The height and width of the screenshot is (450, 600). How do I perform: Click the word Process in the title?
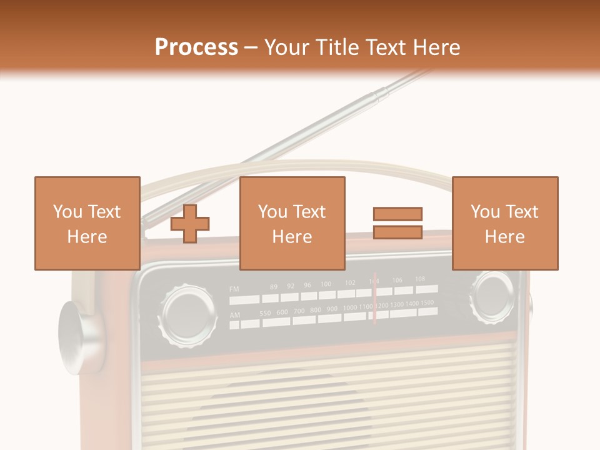point(196,47)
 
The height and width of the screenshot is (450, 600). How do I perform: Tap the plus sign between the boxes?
point(190,224)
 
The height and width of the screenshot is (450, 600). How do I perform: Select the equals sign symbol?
point(397,223)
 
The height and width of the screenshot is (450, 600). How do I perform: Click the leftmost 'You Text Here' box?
point(87,223)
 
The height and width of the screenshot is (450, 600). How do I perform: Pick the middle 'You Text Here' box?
point(292,223)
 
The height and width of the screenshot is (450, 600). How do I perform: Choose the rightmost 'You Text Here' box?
point(504,223)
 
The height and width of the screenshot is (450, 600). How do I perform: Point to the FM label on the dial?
point(234,289)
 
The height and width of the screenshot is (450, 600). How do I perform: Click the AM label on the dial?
point(234,315)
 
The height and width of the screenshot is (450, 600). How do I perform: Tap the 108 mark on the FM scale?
point(420,279)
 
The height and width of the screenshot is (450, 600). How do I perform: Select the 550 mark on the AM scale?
point(266,312)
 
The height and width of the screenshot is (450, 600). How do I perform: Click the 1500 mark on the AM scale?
point(427,303)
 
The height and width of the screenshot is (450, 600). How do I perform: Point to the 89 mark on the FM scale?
point(274,287)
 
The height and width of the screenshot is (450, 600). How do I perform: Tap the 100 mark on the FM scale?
point(326,284)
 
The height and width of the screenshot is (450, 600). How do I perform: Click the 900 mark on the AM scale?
point(332,309)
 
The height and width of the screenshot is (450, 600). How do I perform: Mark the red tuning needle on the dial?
point(374,299)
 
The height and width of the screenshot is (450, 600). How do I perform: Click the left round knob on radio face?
point(189,314)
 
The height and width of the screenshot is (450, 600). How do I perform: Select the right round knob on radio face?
point(494,294)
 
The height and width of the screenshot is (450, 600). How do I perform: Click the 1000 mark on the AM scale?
point(350,307)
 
